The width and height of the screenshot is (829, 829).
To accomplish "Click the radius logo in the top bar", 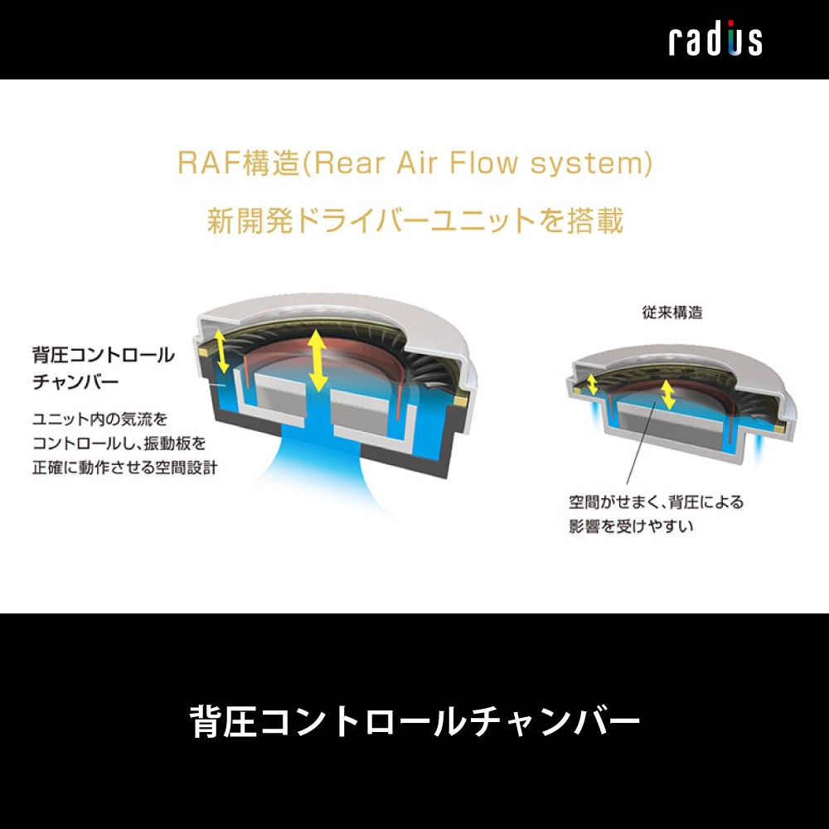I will pyautogui.click(x=715, y=40).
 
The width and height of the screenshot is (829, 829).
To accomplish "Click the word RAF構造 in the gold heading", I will pyautogui.click(x=239, y=163).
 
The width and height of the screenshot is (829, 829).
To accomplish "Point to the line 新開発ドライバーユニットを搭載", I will pyautogui.click(x=414, y=221).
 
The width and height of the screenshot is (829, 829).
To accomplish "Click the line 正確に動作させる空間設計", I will pyautogui.click(x=124, y=467).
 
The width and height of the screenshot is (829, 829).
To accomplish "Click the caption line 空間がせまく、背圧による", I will pyautogui.click(x=657, y=502).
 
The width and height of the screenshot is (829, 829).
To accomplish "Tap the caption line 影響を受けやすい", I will pyautogui.click(x=630, y=526).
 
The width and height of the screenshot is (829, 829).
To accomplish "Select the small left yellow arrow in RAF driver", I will pyautogui.click(x=221, y=351).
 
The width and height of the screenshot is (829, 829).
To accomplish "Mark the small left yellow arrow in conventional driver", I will pyautogui.click(x=593, y=383).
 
